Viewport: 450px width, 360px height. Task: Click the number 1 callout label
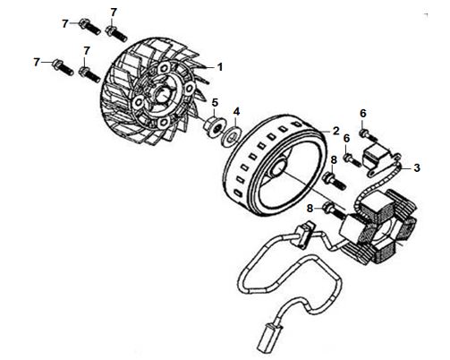click(220, 67)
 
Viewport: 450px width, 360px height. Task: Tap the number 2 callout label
click(336, 131)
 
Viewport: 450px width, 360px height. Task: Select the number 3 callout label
click(417, 168)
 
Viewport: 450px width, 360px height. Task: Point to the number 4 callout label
click(236, 112)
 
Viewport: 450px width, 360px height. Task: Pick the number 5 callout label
click(215, 103)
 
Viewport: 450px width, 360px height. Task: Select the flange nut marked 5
click(212, 127)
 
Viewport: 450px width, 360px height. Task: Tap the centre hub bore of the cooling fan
click(163, 96)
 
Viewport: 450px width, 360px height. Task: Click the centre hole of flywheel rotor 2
click(278, 168)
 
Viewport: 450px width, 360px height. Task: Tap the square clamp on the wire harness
click(302, 236)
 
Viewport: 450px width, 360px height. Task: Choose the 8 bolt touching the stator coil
click(334, 210)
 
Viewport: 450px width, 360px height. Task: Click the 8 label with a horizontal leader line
click(310, 209)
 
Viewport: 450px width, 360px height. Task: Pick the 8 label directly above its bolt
click(334, 160)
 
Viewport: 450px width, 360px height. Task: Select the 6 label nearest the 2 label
click(346, 139)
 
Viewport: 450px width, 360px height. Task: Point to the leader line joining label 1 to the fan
click(208, 68)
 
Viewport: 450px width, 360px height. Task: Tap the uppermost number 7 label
click(114, 13)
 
